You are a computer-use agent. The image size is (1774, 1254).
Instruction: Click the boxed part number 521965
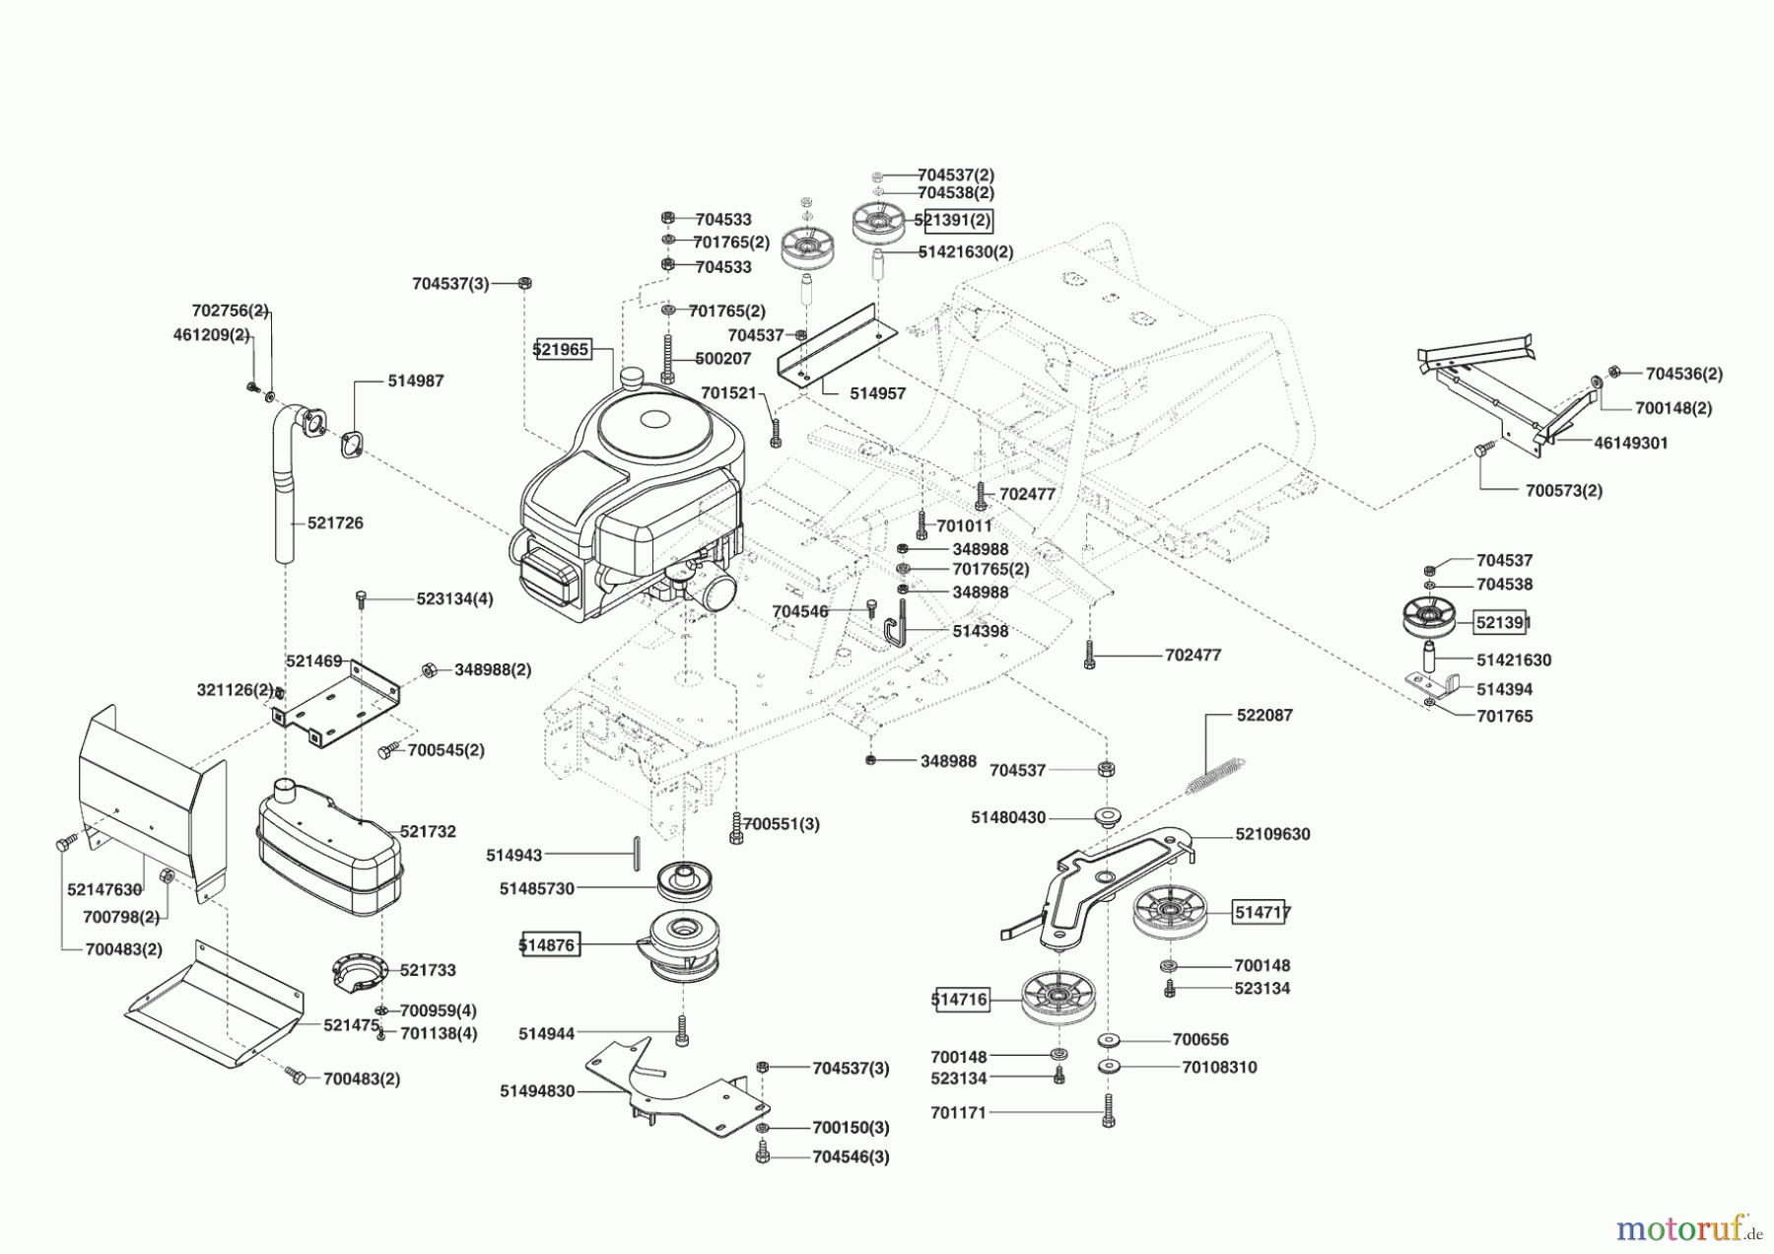click(x=562, y=349)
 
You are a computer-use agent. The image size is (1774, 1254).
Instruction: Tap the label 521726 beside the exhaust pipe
click(x=335, y=522)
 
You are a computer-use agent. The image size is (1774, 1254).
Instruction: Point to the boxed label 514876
click(x=548, y=944)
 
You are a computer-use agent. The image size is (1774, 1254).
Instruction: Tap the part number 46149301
click(x=1630, y=444)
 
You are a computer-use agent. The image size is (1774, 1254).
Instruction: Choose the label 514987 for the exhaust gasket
click(x=415, y=381)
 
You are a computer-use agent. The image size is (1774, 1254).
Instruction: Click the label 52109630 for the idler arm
click(x=1272, y=834)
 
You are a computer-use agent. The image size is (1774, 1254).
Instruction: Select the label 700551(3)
click(x=781, y=823)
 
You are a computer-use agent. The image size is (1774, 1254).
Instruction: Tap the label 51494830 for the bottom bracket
click(x=537, y=1091)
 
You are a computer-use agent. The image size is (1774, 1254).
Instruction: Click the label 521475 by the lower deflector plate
click(x=351, y=1025)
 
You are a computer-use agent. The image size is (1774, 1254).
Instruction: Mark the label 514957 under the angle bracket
click(x=877, y=392)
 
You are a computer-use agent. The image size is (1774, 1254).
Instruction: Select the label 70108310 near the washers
click(x=1219, y=1067)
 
